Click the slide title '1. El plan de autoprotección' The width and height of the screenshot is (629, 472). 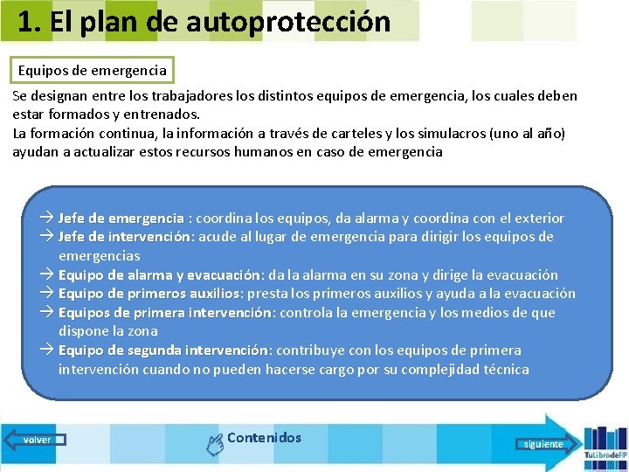(204, 21)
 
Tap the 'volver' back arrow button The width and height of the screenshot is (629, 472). (36, 440)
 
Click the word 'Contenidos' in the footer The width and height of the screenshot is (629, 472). (264, 438)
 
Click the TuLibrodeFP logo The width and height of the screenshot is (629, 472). (605, 446)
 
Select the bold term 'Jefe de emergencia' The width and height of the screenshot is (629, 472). (121, 219)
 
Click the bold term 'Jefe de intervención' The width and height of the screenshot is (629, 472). (125, 237)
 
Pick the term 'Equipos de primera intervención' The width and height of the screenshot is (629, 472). (165, 313)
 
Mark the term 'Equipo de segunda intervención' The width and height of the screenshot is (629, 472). (162, 351)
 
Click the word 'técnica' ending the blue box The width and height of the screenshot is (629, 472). (501, 370)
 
